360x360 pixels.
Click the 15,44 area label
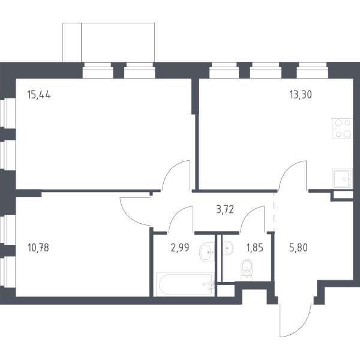click(39, 95)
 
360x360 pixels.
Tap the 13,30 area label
click(301, 95)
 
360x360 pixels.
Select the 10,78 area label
click(38, 248)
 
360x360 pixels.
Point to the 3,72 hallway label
click(225, 209)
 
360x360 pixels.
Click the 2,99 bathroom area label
click(180, 248)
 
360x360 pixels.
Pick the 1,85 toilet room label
click(254, 248)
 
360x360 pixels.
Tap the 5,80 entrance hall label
click(298, 248)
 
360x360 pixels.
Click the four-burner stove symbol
click(342, 128)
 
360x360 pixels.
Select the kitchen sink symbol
click(342, 179)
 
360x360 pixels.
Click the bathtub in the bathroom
click(185, 284)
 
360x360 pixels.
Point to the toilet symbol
click(247, 270)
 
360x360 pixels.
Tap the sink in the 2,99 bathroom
click(207, 252)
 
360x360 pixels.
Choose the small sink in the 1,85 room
click(228, 248)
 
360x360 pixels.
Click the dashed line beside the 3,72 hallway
click(274, 212)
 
